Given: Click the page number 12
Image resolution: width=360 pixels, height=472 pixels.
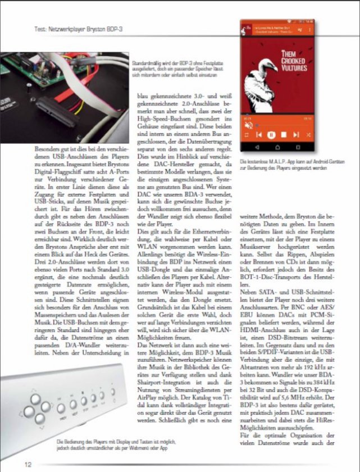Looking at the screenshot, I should point(27,464).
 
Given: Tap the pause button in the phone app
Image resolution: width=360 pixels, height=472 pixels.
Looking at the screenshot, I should point(270,135).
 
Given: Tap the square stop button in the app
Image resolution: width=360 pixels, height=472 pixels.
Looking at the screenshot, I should point(246,135).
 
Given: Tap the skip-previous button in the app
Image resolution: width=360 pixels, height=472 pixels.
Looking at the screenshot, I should point(258,135).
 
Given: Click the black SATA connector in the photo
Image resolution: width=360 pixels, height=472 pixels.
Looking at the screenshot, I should point(57,116).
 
